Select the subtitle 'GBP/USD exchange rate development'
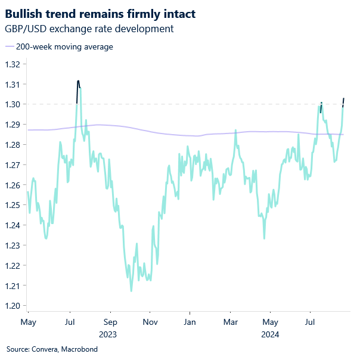(x=89, y=28)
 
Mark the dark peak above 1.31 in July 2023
(x=78, y=82)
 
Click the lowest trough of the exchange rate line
(x=131, y=290)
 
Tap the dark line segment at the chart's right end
(x=344, y=102)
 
